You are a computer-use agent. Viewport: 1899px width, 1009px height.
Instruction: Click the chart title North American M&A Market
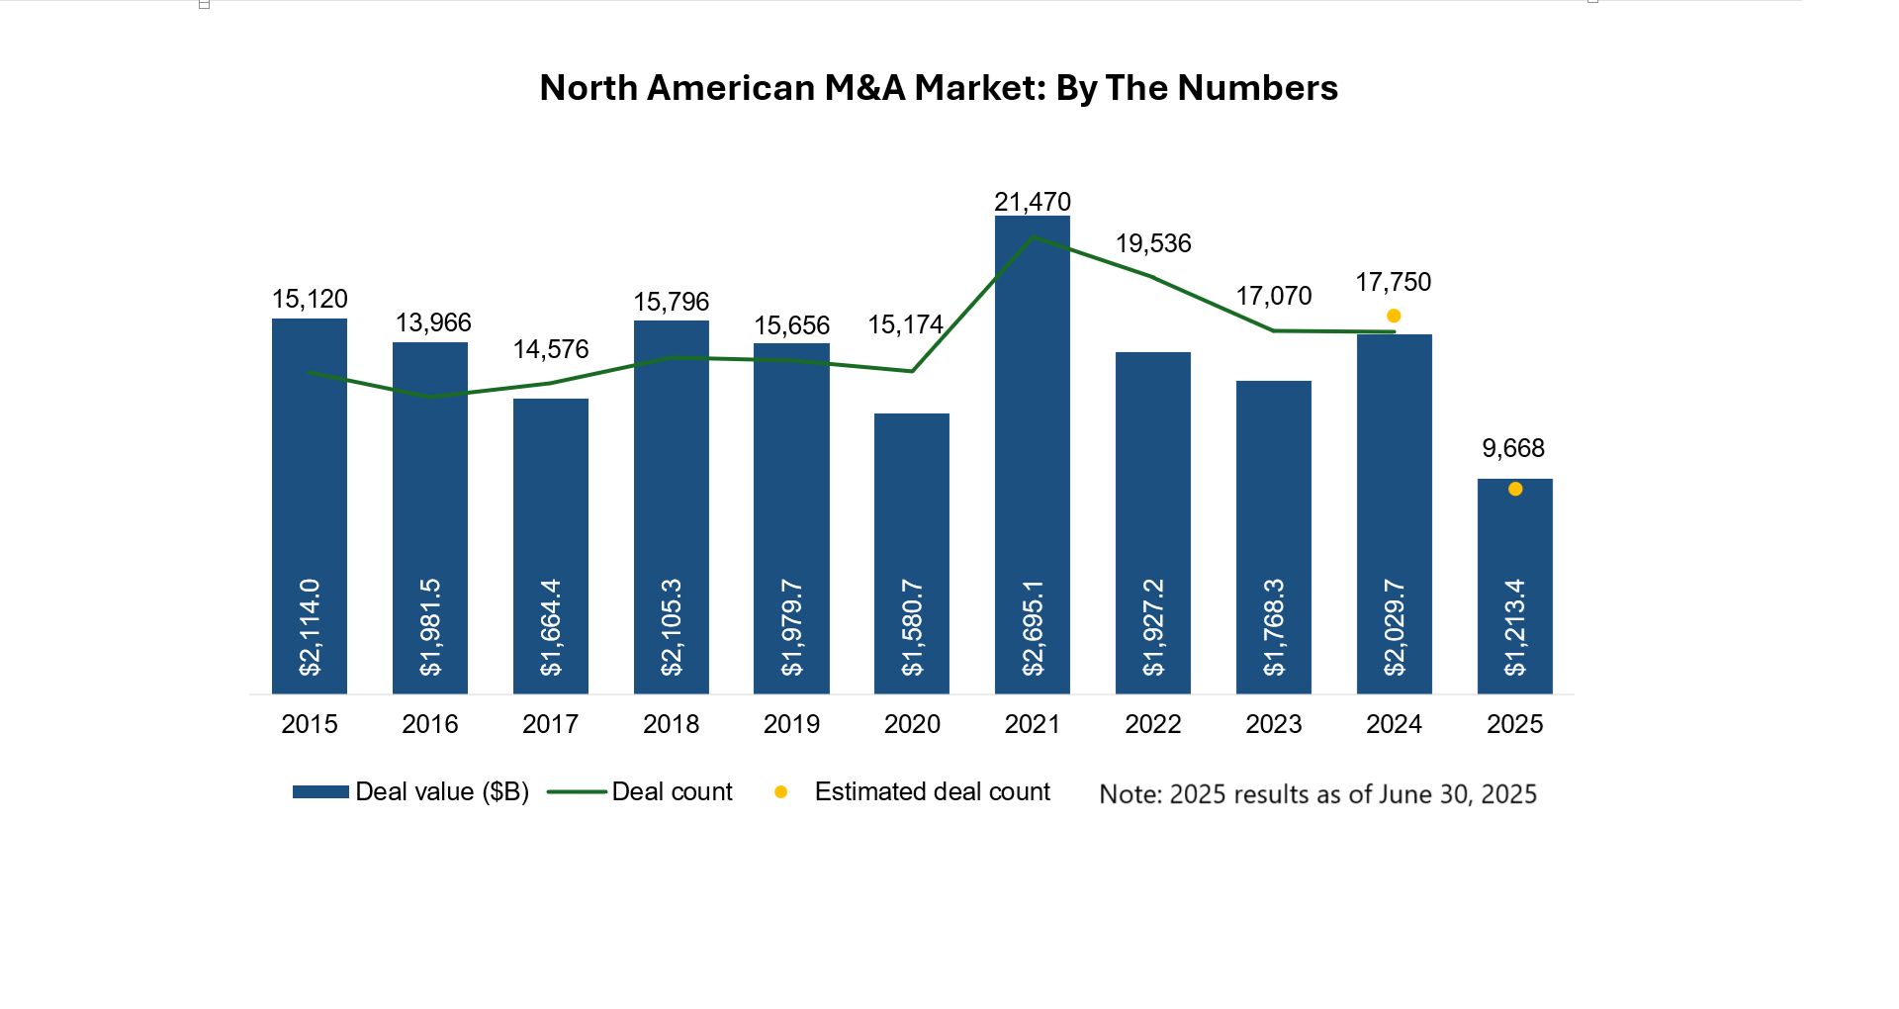(x=938, y=88)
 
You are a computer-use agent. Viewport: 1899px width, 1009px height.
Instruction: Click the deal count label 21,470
(x=1032, y=202)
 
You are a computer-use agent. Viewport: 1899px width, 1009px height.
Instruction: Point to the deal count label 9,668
(x=1512, y=448)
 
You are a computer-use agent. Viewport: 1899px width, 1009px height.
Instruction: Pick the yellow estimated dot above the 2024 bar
(x=1393, y=316)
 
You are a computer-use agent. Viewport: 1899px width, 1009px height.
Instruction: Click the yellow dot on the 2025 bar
(x=1514, y=489)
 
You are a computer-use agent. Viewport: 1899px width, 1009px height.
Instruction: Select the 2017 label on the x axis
(x=550, y=724)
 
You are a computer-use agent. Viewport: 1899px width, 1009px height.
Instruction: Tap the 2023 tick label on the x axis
(x=1273, y=724)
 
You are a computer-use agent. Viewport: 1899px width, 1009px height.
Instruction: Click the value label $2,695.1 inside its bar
(x=1032, y=628)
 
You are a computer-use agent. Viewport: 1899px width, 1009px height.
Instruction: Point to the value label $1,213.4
(x=1514, y=628)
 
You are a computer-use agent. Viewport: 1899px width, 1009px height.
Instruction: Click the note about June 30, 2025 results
(x=1317, y=794)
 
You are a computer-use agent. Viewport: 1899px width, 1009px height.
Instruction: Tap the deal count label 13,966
(x=433, y=322)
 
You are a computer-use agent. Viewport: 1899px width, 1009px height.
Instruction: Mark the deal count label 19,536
(x=1153, y=243)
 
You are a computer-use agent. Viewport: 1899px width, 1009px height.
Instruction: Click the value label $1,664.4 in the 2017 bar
(x=550, y=628)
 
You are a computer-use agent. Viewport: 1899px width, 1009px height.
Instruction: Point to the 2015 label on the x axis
(x=309, y=724)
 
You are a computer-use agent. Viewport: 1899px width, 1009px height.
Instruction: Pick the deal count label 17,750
(x=1393, y=282)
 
